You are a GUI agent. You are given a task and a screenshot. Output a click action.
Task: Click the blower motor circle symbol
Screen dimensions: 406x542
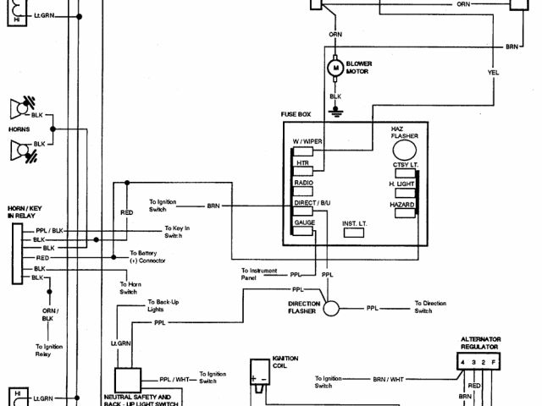pyautogui.click(x=335, y=67)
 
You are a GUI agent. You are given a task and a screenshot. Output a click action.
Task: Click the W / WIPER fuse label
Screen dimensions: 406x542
pyautogui.click(x=308, y=141)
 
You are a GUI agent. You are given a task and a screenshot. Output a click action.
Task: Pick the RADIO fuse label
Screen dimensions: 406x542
pyautogui.click(x=303, y=183)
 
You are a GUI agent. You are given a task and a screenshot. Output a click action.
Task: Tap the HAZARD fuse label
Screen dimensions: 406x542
pyautogui.click(x=401, y=206)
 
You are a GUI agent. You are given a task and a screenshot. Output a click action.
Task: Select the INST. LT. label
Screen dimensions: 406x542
pyautogui.click(x=355, y=223)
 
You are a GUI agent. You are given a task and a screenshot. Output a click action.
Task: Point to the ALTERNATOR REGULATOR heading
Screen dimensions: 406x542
pyautogui.click(x=480, y=343)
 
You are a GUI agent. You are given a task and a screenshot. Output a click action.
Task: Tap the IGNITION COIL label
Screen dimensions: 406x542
pyautogui.click(x=285, y=361)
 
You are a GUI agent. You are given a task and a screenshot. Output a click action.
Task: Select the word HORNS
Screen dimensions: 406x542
pyautogui.click(x=19, y=129)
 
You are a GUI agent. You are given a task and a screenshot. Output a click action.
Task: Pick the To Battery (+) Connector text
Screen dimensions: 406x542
pyautogui.click(x=149, y=257)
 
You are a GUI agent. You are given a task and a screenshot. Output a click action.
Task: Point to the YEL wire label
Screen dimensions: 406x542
pyautogui.click(x=493, y=72)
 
